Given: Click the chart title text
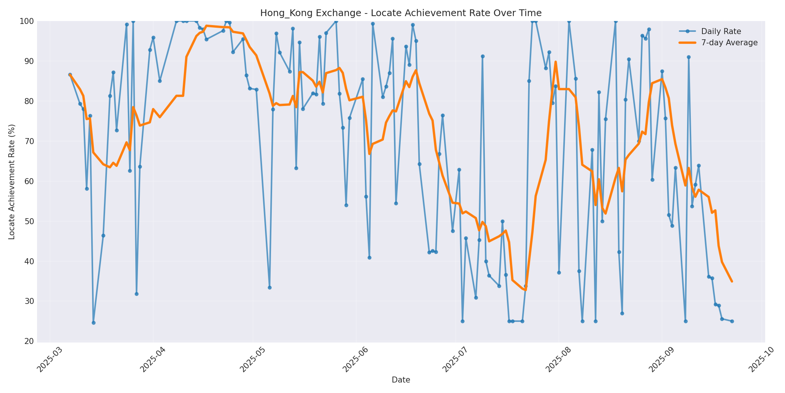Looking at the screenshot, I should (401, 13).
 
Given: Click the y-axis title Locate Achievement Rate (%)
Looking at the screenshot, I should (12, 182).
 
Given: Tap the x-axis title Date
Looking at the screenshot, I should (401, 380).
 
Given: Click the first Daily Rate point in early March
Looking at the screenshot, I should (70, 75).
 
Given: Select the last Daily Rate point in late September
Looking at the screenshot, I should (732, 321).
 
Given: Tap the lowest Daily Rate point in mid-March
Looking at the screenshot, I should (93, 323).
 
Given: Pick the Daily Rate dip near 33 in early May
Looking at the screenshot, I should (270, 287).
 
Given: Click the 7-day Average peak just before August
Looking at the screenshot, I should (555, 62).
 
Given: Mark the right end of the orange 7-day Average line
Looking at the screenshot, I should (732, 281).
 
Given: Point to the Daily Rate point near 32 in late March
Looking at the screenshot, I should (136, 294).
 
